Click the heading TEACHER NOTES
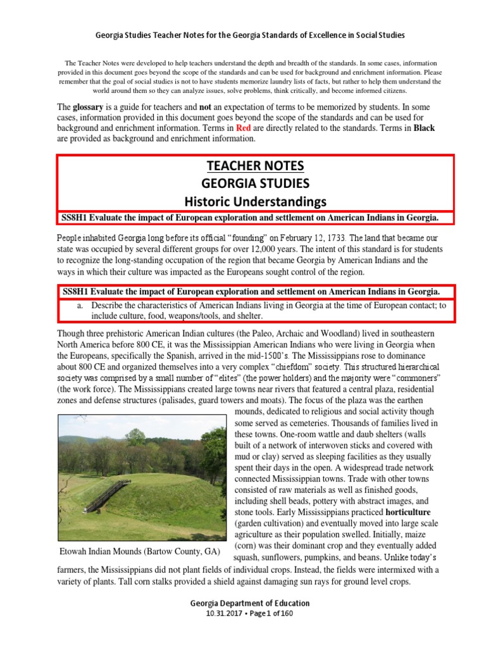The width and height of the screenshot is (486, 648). tap(256, 166)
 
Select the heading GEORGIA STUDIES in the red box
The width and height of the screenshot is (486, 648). tap(256, 184)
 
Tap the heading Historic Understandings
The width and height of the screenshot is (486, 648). tap(256, 201)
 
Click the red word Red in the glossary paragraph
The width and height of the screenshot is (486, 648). tap(244, 128)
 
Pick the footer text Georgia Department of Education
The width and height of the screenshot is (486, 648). tap(251, 602)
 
